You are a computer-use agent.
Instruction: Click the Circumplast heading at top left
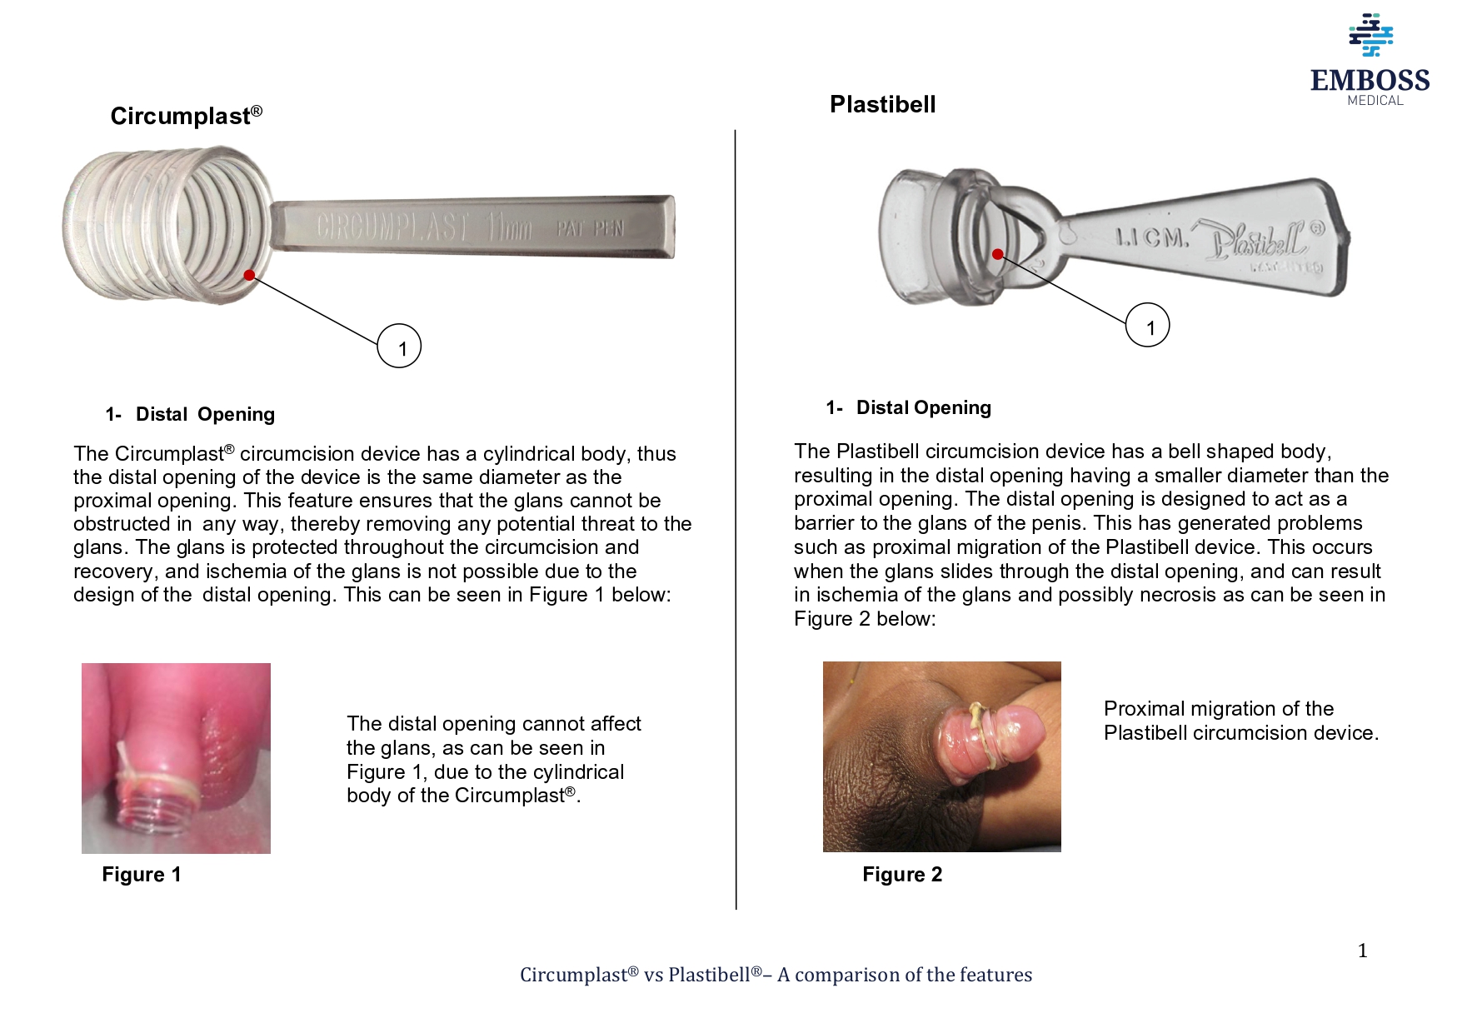click(186, 116)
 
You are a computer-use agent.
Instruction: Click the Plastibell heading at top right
click(882, 104)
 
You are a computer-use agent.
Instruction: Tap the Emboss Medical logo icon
click(1370, 35)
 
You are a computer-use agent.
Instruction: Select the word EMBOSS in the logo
click(1370, 80)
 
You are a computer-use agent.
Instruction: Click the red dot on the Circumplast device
click(249, 275)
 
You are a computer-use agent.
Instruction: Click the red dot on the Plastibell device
click(998, 254)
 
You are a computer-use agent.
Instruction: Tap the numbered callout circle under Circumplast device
click(399, 347)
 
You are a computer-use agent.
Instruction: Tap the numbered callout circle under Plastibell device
click(1148, 326)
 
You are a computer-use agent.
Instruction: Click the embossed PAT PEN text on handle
click(590, 228)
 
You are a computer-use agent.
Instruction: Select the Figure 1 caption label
click(141, 874)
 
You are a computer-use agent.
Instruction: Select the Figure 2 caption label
click(902, 874)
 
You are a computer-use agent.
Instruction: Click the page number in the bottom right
click(1362, 951)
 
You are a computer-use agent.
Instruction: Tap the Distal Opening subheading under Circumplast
click(205, 414)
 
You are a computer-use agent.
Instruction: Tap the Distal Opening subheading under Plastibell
click(923, 407)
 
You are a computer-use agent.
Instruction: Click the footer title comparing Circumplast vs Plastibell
click(776, 975)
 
